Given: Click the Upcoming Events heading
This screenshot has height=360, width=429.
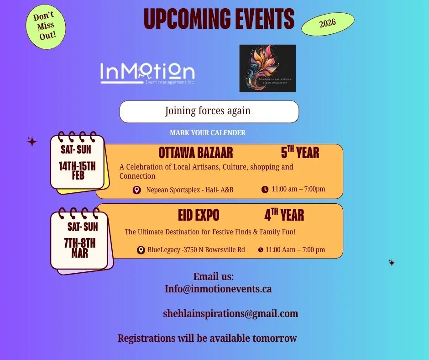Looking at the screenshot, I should (219, 19).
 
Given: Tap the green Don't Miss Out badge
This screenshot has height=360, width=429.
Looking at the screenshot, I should (46, 27).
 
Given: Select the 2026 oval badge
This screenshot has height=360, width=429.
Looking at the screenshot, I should (328, 24).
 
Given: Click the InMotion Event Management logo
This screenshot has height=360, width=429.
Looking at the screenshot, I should (147, 74).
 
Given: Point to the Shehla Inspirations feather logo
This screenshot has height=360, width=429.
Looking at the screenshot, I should (267, 68).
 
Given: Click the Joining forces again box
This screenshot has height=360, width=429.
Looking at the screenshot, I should (209, 111).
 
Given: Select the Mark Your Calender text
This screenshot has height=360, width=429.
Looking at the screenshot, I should (208, 133).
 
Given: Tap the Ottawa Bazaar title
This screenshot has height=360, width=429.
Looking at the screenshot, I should (196, 153).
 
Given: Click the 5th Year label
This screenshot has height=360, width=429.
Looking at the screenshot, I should (300, 152).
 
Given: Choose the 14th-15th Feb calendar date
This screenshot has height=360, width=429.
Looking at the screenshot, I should (78, 170).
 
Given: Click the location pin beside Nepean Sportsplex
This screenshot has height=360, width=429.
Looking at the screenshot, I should (136, 190).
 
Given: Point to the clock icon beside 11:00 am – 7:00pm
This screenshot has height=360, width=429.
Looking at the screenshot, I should (265, 189).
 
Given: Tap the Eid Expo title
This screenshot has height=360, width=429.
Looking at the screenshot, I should (199, 215).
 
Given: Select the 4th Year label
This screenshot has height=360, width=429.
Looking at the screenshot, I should (284, 215).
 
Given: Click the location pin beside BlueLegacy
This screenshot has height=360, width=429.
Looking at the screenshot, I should (141, 250).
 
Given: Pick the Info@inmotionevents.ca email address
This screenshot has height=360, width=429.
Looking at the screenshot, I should (218, 289).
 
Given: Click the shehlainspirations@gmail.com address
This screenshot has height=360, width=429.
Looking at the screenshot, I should (230, 314).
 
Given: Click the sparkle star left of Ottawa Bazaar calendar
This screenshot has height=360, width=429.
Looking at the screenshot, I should (32, 142).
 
